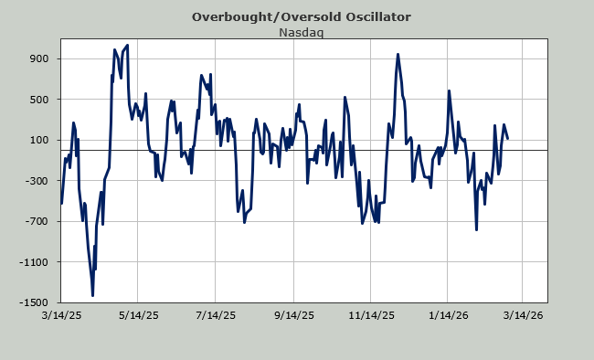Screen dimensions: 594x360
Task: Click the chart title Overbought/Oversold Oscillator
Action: point(302,17)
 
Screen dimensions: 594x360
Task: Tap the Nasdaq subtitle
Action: point(302,33)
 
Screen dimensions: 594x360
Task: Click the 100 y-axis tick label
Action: point(39,140)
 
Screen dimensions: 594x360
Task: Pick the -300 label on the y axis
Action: point(37,181)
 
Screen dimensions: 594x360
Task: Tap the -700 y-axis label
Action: point(37,221)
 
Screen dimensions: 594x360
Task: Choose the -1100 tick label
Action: point(35,262)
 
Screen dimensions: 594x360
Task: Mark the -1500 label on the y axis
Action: point(35,302)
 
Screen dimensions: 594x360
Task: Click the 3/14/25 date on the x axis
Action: point(61,315)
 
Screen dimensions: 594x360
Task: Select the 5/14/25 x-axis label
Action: point(139,315)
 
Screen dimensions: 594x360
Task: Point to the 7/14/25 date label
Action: point(216,315)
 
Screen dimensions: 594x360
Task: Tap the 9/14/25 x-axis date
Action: point(294,315)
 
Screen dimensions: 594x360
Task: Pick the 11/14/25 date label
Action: point(371,315)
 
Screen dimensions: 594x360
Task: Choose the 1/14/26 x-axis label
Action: point(449,315)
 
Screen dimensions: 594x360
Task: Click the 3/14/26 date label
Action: point(523,315)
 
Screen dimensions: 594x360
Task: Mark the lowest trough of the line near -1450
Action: point(93,295)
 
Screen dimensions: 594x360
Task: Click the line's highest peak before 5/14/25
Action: point(127,45)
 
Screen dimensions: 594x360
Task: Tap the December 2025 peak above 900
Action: point(398,54)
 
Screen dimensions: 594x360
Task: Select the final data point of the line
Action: point(507,138)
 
